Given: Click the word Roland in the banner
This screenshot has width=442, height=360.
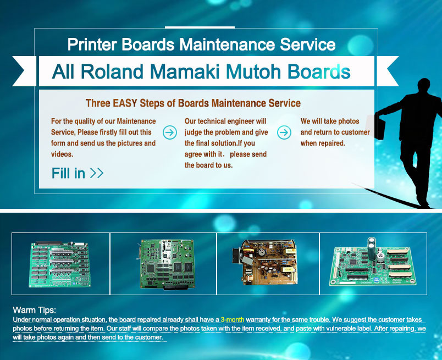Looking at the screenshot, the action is (112, 71).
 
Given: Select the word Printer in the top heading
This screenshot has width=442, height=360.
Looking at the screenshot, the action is (92, 45).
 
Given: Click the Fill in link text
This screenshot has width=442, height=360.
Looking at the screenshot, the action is (68, 173).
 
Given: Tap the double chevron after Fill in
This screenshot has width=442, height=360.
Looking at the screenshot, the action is (97, 173).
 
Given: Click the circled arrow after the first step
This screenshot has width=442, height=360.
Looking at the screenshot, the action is (170, 132).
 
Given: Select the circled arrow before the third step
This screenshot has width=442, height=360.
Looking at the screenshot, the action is (284, 132).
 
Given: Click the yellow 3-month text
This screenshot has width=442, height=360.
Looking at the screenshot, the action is (233, 320).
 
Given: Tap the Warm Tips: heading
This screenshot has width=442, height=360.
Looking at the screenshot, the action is (35, 310).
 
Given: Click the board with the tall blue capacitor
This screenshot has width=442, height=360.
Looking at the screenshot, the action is (373, 262).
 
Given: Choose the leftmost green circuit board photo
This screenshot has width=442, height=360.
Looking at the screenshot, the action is (60, 264).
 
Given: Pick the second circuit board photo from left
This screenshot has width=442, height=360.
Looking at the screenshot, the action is (167, 264).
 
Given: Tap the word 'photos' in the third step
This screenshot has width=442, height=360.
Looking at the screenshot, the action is (349, 121).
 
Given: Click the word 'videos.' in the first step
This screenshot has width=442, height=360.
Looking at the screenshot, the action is (62, 154).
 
